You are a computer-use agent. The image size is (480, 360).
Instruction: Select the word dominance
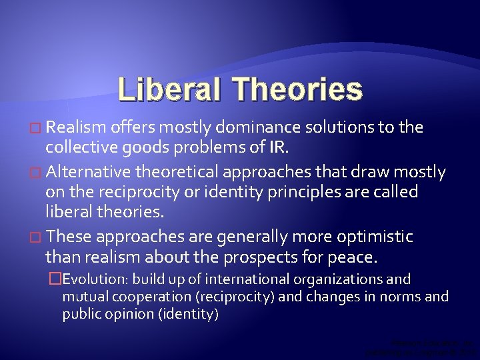[267, 128]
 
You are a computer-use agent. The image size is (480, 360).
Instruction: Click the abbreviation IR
[297, 148]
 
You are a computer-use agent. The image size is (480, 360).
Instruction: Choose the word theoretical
[178, 173]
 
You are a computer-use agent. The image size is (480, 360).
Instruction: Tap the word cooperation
[154, 297]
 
